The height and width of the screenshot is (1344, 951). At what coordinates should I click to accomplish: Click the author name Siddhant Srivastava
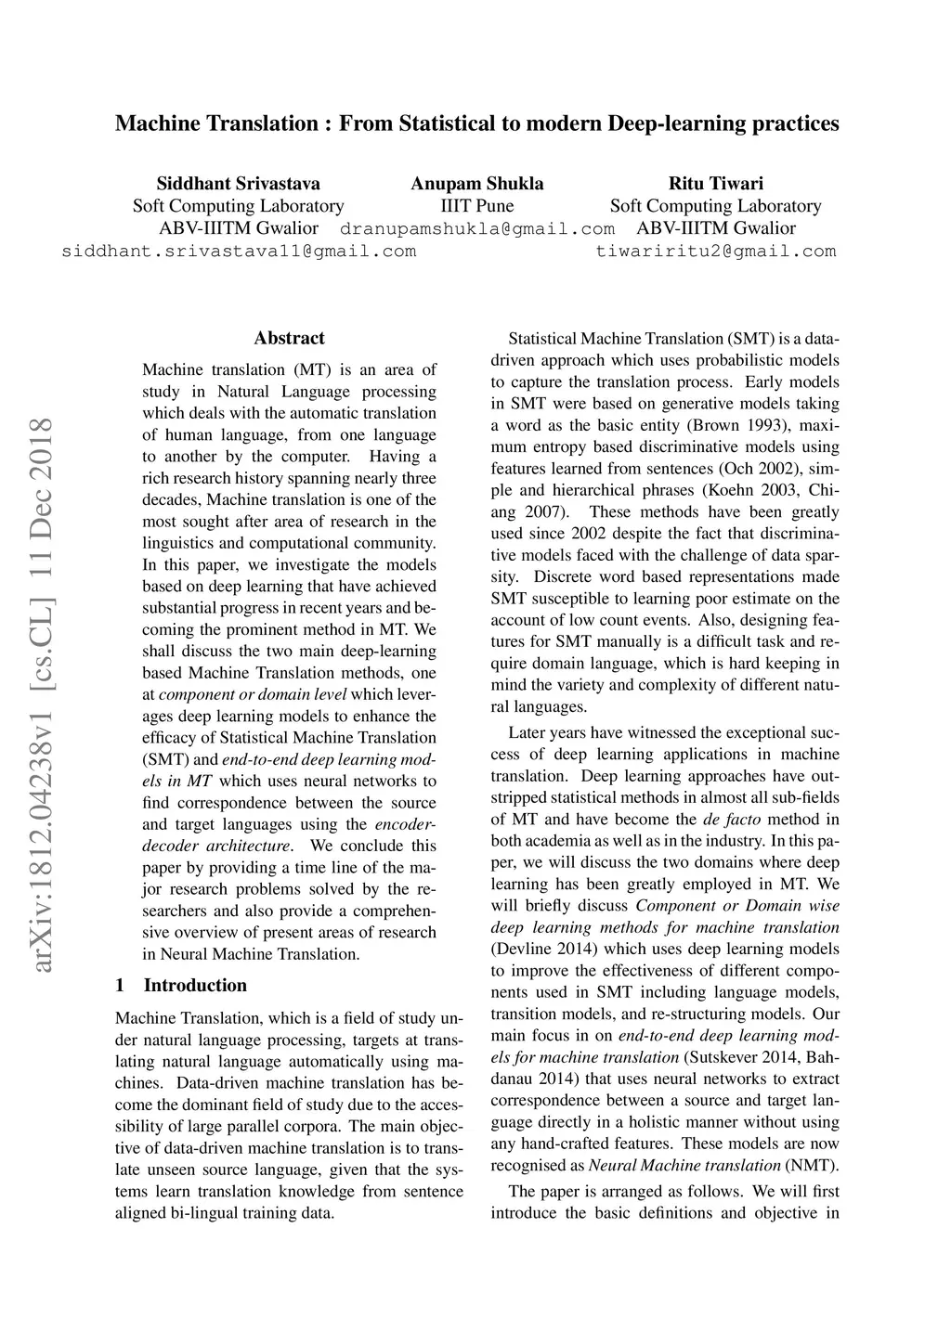[238, 183]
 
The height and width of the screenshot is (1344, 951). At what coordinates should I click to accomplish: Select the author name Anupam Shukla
[477, 183]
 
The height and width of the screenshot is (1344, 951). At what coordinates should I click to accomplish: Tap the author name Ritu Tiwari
[715, 183]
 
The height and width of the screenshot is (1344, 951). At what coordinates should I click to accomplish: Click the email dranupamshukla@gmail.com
[477, 229]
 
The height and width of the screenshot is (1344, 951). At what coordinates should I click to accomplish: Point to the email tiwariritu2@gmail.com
[715, 252]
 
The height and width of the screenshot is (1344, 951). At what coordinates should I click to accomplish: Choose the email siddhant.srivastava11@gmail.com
[239, 252]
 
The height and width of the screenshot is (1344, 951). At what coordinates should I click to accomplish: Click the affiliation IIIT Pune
[477, 206]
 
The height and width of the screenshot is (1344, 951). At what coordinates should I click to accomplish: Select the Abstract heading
[289, 338]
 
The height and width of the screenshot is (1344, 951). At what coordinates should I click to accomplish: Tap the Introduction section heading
[195, 986]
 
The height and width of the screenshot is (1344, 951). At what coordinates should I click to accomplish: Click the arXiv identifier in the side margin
[42, 696]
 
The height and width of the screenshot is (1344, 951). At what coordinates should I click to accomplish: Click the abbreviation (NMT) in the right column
[812, 1165]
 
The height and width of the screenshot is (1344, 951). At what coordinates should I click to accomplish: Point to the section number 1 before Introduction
[120, 986]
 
